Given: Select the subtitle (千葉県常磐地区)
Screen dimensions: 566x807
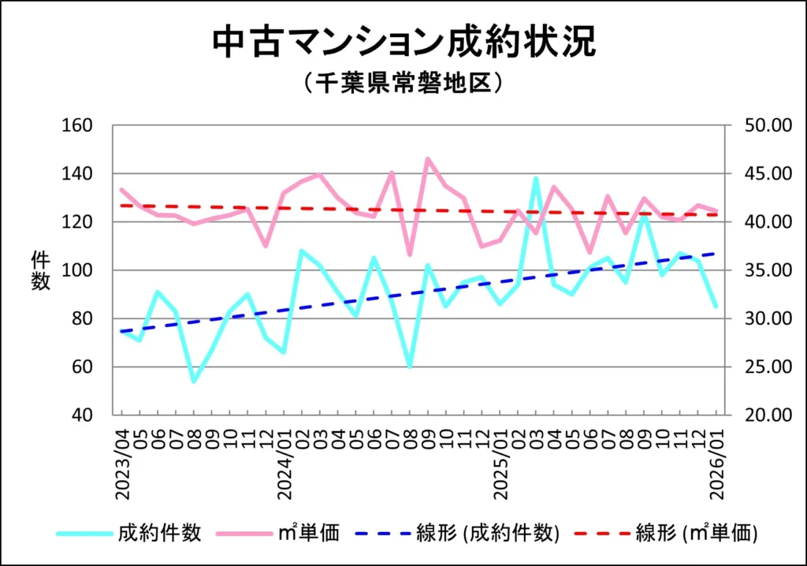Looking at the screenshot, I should coord(403,83).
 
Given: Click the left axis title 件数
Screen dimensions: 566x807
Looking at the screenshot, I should coord(40,270).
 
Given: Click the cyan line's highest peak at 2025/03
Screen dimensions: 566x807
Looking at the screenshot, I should coord(536,178).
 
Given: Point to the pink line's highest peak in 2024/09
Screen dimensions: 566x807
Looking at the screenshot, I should coord(428,158).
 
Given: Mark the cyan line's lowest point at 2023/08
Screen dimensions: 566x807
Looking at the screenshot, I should coord(194,382).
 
